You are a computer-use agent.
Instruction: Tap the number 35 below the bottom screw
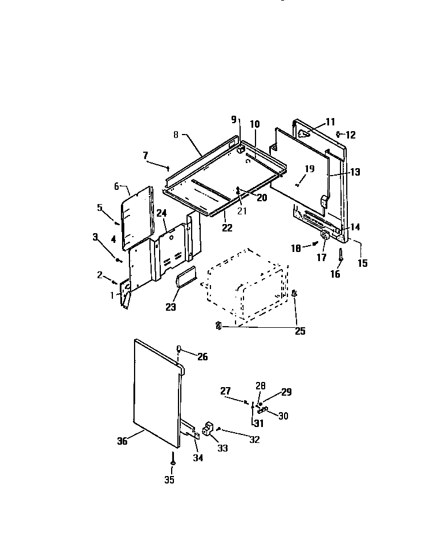pos(169,479)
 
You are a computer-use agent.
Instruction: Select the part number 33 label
pos(222,448)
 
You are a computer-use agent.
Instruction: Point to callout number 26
pos(202,357)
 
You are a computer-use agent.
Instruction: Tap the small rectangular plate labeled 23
pos(185,280)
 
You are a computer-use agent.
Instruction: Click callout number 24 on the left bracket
pos(161,213)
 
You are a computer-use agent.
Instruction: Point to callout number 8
pos(176,135)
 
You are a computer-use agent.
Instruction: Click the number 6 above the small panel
pos(116,186)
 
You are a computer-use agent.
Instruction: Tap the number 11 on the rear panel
pos(331,121)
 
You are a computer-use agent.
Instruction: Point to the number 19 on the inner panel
pos(309,169)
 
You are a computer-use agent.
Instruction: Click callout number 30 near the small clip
pos(282,416)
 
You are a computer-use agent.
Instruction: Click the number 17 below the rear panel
pos(321,258)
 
